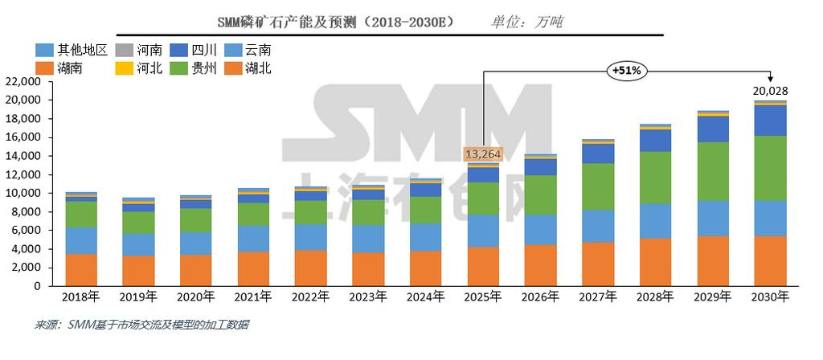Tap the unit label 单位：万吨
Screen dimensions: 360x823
tap(526, 22)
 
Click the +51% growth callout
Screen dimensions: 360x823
tap(626, 71)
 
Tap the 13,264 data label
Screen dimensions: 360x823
tap(483, 153)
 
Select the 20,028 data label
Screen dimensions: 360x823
tap(770, 92)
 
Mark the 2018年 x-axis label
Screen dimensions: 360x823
tap(81, 297)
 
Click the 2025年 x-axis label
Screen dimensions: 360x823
tap(483, 297)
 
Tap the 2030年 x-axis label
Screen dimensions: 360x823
tap(770, 297)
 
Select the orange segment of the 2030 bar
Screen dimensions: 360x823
tap(770, 260)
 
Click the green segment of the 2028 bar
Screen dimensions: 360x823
tap(655, 178)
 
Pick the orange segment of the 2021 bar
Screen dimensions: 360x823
tap(253, 268)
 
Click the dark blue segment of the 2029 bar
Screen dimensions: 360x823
tap(713, 129)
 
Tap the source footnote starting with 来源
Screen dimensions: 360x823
tap(141, 325)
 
